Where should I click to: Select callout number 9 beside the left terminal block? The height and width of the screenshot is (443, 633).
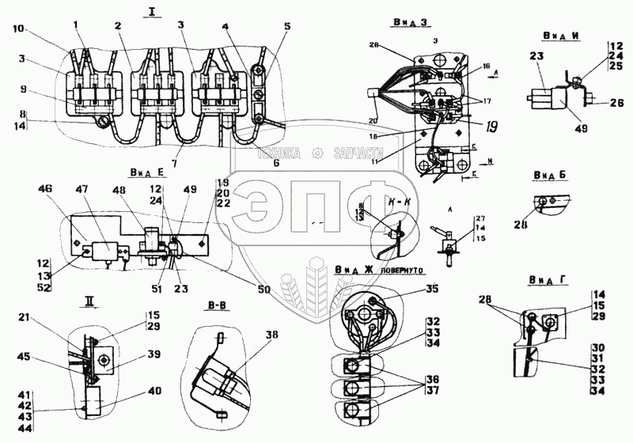click(23, 89)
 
